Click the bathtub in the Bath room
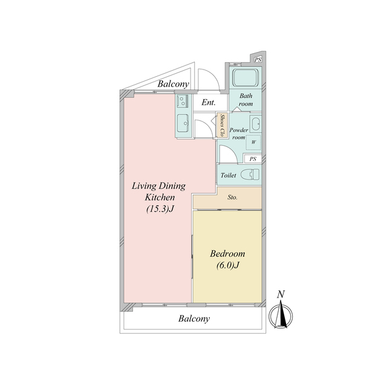click(x=246, y=77)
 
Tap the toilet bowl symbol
click(x=250, y=175)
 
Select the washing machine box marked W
click(x=253, y=142)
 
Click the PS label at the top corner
click(x=258, y=59)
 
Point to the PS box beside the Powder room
click(x=253, y=158)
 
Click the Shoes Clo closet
click(x=222, y=125)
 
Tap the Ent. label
click(x=209, y=102)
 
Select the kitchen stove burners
click(x=183, y=102)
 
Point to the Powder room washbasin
click(x=255, y=123)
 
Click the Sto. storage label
click(x=232, y=198)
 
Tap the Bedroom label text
click(x=227, y=253)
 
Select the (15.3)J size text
click(x=160, y=209)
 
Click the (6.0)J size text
click(x=228, y=265)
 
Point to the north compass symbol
click(x=281, y=316)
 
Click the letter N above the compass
click(x=281, y=294)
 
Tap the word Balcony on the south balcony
click(x=194, y=319)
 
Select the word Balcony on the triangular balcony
click(x=174, y=84)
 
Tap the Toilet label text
click(x=229, y=175)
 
